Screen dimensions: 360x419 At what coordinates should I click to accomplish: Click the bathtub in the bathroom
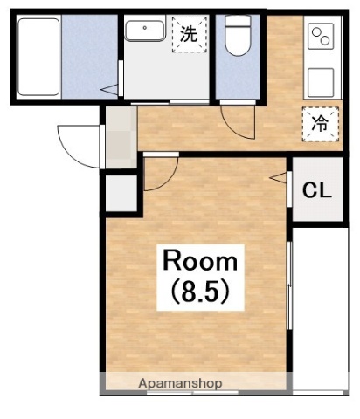coord(38,57)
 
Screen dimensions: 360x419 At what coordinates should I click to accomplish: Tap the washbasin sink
coord(144,31)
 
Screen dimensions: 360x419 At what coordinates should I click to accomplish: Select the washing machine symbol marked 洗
coord(190,34)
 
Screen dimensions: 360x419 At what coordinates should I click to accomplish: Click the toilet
coord(238,35)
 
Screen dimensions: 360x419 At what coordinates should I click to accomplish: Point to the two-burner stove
coord(322,36)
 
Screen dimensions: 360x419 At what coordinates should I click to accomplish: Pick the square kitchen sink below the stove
coord(321,83)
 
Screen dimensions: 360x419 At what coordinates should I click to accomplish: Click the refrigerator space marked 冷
coord(321,124)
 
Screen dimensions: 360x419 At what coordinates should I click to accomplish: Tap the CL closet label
coord(317,190)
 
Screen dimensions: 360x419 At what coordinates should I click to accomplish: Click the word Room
coord(200,261)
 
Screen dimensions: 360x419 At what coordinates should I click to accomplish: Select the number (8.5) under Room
coord(200,292)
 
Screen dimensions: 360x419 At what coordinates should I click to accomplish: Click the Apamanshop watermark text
coord(180,383)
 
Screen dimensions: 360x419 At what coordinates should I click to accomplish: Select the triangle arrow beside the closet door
coord(279,177)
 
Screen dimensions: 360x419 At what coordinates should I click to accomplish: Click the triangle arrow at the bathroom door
coord(110,89)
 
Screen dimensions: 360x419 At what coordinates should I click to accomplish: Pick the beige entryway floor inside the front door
coord(121,137)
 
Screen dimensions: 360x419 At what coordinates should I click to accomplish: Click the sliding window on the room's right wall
coord(289,285)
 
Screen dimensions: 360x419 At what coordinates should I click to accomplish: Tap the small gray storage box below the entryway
coord(121,193)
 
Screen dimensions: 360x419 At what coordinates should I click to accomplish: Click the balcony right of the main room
coord(320,311)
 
